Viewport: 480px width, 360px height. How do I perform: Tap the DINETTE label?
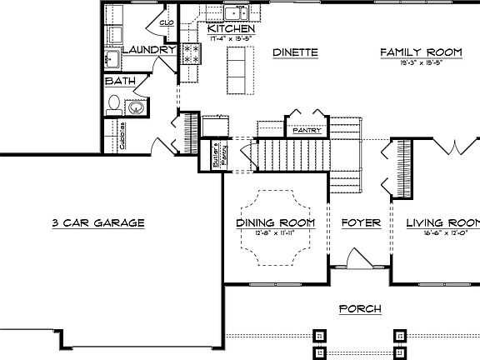pyautogui.click(x=296, y=52)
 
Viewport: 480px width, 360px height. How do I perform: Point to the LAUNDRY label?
pyautogui.click(x=149, y=50)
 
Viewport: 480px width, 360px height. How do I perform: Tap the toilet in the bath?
pyautogui.click(x=114, y=104)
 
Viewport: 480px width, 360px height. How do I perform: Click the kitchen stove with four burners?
pyautogui.click(x=191, y=54)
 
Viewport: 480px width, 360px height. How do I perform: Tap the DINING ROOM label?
pyautogui.click(x=275, y=223)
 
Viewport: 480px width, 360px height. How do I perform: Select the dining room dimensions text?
pyautogui.click(x=275, y=233)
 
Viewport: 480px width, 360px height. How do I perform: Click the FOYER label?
pyautogui.click(x=361, y=223)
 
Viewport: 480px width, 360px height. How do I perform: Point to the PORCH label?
pyautogui.click(x=360, y=309)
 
